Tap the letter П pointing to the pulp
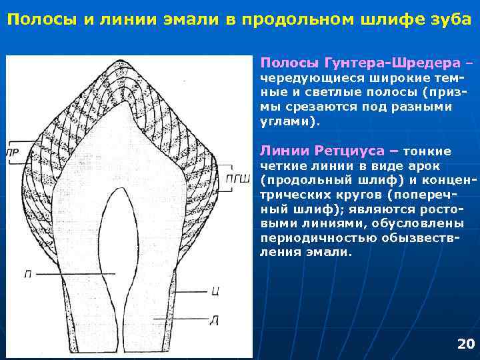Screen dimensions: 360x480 pyautogui.click(x=27, y=273)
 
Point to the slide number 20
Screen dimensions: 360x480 pyautogui.click(x=465, y=344)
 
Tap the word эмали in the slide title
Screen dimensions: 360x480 pyautogui.click(x=189, y=18)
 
